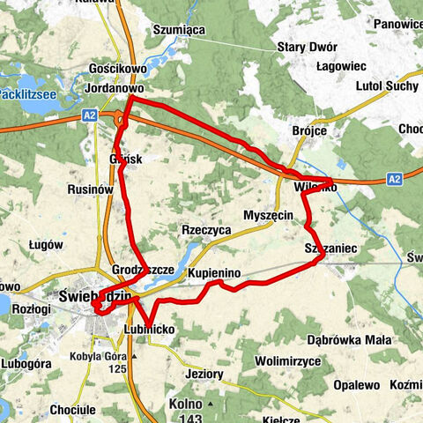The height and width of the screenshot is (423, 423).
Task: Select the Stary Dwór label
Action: [303, 47]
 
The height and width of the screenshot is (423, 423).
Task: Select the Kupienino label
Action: [214, 275]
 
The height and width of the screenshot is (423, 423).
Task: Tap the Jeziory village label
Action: [204, 374]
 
